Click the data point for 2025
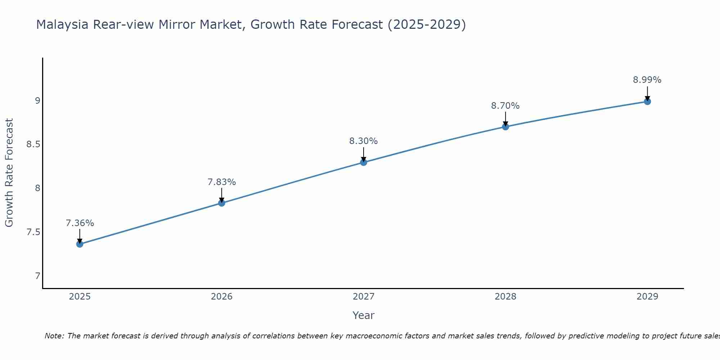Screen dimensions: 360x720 pyautogui.click(x=80, y=244)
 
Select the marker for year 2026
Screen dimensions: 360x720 pyautogui.click(x=221, y=203)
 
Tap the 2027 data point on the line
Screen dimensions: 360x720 pyautogui.click(x=363, y=162)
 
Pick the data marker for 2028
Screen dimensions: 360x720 pyautogui.click(x=505, y=127)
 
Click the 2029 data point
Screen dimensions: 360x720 pyautogui.click(x=647, y=102)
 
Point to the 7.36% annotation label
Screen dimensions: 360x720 pyautogui.click(x=80, y=223)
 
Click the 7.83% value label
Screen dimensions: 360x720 pyautogui.click(x=221, y=182)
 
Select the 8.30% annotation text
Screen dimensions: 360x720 pyautogui.click(x=363, y=141)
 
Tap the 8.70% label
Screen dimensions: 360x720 pyautogui.click(x=505, y=106)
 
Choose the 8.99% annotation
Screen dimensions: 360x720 pyautogui.click(x=647, y=80)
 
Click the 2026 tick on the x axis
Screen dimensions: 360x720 pyautogui.click(x=221, y=297)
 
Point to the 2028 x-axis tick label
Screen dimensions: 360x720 pyautogui.click(x=505, y=297)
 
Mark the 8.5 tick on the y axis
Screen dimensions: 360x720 pyautogui.click(x=33, y=144)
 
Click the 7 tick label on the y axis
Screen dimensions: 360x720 pyautogui.click(x=37, y=276)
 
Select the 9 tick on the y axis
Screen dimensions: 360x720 pyautogui.click(x=37, y=100)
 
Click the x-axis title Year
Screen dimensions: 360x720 pyautogui.click(x=363, y=315)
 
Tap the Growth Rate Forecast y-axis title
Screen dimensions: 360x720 pyautogui.click(x=9, y=173)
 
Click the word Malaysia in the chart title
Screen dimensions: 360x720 pyautogui.click(x=62, y=24)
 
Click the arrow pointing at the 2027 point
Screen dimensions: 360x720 pyautogui.click(x=363, y=154)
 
